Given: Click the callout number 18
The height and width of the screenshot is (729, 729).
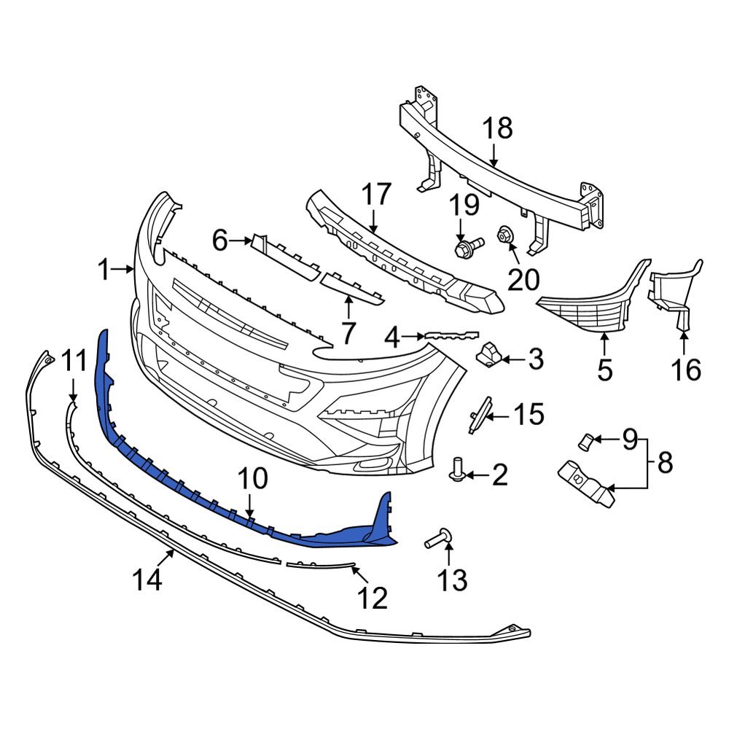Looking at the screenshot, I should click(x=497, y=128).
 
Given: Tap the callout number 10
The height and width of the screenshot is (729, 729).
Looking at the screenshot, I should click(x=252, y=479).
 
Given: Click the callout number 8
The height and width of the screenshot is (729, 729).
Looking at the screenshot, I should click(x=664, y=462).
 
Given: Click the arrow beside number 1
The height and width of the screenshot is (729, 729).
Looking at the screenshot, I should click(x=126, y=270).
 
